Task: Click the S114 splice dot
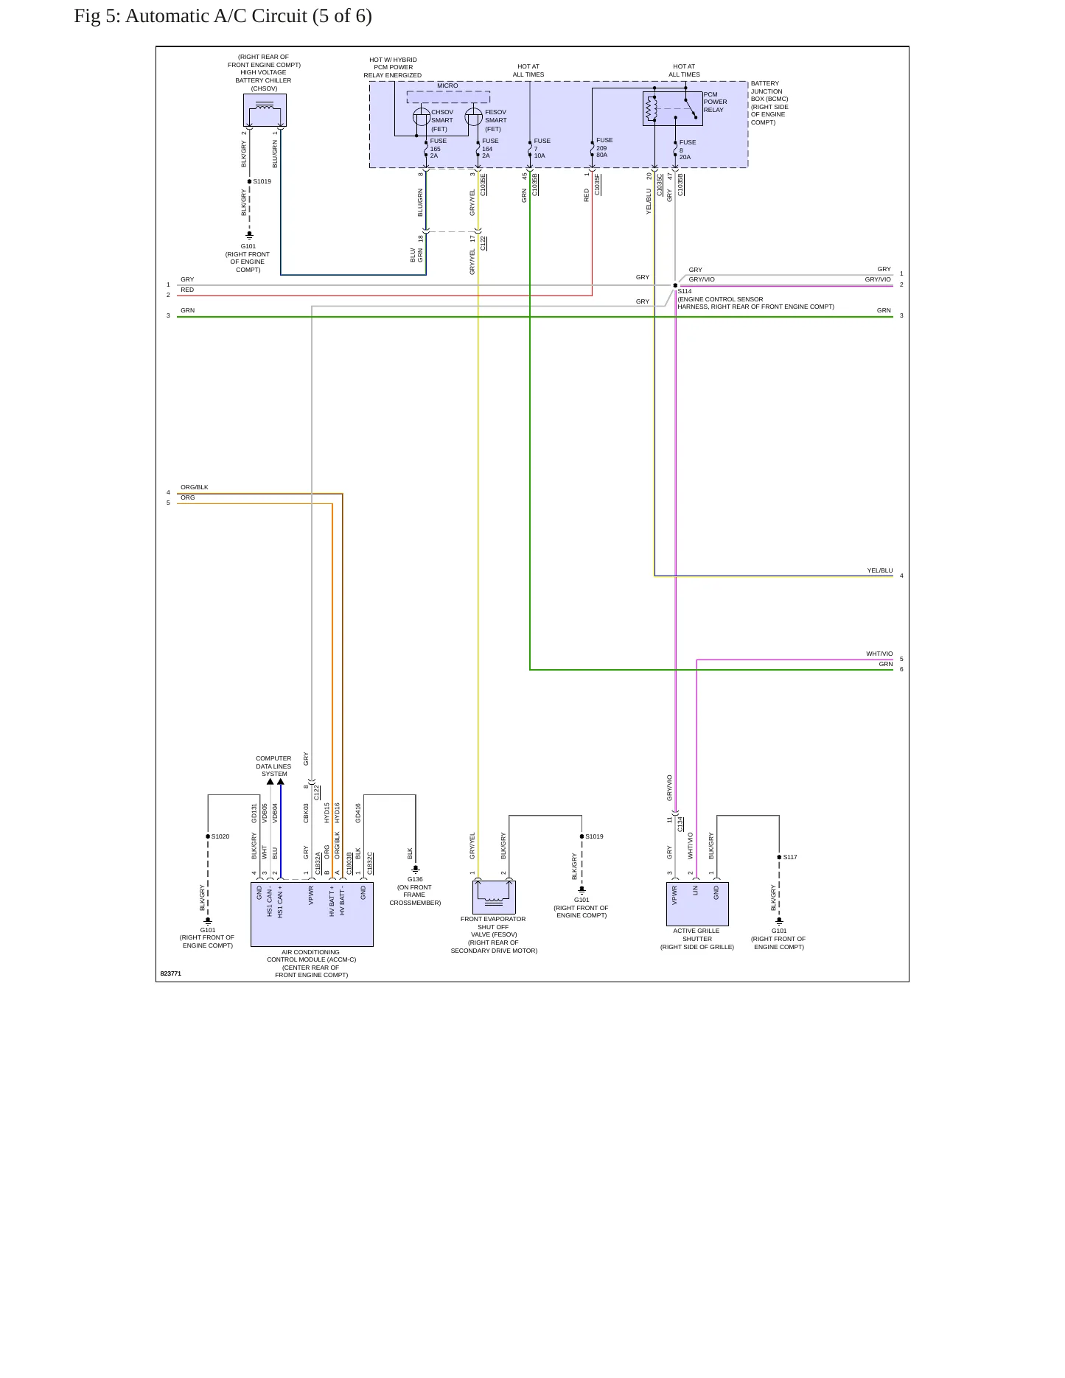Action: point(675,285)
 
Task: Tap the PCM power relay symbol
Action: point(672,108)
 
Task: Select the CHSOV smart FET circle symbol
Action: point(422,116)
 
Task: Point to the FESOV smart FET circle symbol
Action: point(474,116)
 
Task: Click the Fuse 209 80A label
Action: point(604,147)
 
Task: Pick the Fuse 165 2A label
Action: point(438,148)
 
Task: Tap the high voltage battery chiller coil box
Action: point(265,110)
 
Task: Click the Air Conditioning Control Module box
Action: point(312,914)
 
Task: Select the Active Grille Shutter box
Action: point(697,904)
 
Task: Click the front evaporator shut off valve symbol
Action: point(494,897)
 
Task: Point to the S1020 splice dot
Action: point(208,836)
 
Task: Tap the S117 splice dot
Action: point(779,857)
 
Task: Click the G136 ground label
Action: point(415,879)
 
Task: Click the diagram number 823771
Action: point(171,973)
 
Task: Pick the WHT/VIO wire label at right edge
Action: point(879,654)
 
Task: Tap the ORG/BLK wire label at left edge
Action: point(195,487)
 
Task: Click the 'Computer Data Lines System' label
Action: point(273,766)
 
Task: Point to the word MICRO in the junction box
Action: point(447,85)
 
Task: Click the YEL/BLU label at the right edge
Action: point(880,570)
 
